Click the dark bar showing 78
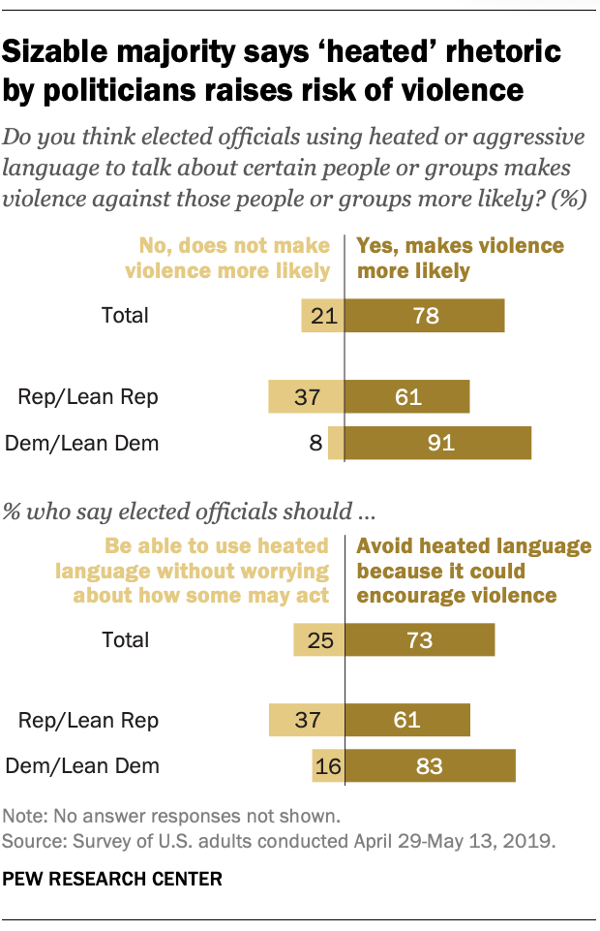pyautogui.click(x=425, y=315)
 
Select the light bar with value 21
pyautogui.click(x=323, y=315)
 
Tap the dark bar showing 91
pyautogui.click(x=438, y=444)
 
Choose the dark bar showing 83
pyautogui.click(x=431, y=766)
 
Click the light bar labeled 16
pyautogui.click(x=328, y=766)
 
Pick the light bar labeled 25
pyautogui.click(x=319, y=639)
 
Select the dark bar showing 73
pyautogui.click(x=420, y=639)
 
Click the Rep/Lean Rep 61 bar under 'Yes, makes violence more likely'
pyautogui.click(x=407, y=395)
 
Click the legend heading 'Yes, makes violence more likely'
pyautogui.click(x=460, y=258)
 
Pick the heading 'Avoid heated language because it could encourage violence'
pyautogui.click(x=473, y=571)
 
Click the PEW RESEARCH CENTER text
pyautogui.click(x=113, y=880)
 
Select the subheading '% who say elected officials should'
pyautogui.click(x=190, y=509)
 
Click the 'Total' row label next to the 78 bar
pyautogui.click(x=126, y=315)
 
